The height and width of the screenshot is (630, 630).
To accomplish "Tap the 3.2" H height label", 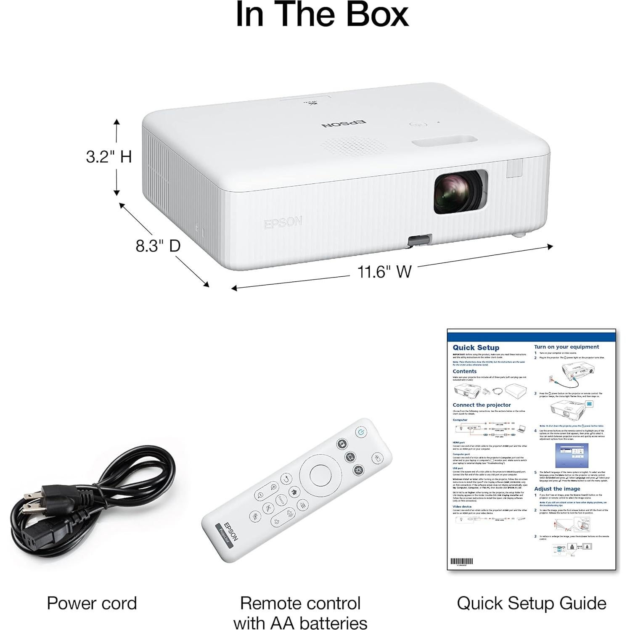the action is tap(109, 157).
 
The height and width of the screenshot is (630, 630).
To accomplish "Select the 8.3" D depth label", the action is tap(158, 246).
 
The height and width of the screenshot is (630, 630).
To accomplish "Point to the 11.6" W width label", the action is tap(384, 272).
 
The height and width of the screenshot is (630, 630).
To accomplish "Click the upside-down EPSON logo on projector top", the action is tap(344, 123).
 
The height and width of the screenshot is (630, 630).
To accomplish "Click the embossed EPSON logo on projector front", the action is tap(283, 222).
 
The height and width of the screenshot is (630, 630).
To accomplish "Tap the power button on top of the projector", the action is tap(417, 124).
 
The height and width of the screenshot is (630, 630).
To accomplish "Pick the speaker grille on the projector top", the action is tap(354, 145).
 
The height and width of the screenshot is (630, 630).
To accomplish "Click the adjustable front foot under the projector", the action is tap(419, 241).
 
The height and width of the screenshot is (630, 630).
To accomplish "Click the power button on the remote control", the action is tap(361, 432).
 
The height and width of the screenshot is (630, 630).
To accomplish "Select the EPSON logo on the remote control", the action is tap(231, 532).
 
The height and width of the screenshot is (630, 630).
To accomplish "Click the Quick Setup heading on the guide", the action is tap(476, 348).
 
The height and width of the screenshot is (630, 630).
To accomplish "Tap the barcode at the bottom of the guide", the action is tap(461, 561).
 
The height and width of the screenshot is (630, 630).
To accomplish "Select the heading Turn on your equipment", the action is tap(566, 347).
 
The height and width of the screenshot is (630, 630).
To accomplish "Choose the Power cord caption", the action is tap(92, 603).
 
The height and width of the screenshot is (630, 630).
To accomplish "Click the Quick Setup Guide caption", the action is tap(531, 603).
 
